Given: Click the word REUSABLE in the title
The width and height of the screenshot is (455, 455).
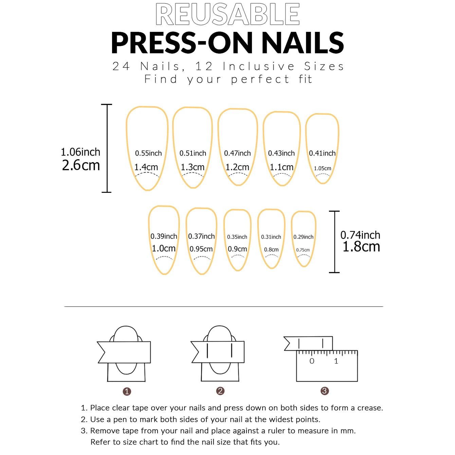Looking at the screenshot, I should click(227, 14).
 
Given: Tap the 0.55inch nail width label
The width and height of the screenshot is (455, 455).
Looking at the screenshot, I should click(148, 153).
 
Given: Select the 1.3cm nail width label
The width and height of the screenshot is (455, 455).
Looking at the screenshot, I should click(193, 167).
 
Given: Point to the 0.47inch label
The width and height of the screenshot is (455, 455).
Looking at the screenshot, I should click(237, 153).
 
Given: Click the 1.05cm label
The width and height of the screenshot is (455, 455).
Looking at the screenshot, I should click(322, 168).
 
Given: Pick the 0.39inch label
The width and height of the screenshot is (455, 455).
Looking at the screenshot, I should click(164, 236).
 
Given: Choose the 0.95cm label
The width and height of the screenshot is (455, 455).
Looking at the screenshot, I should click(201, 249).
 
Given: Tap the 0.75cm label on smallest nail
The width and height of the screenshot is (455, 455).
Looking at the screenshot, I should click(303, 250).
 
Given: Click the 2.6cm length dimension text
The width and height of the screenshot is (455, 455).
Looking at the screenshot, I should click(81, 165).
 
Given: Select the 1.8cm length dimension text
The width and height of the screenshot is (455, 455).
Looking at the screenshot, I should click(361, 247).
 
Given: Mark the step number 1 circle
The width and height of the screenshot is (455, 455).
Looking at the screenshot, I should click(127, 392).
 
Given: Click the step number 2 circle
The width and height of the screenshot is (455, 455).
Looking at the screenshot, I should click(220, 391).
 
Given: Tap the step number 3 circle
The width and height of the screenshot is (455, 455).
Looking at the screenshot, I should click(324, 391).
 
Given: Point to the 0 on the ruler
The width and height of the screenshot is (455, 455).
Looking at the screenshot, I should click(312, 361).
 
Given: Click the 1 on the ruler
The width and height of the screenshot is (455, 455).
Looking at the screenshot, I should click(336, 361).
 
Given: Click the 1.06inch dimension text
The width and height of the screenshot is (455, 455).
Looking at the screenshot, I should click(80, 152).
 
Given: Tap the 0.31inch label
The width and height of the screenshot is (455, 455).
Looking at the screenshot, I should click(271, 237).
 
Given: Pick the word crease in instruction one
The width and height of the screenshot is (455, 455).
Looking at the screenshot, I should click(369, 408).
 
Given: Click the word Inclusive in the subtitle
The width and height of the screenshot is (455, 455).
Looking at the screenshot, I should click(259, 66).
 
